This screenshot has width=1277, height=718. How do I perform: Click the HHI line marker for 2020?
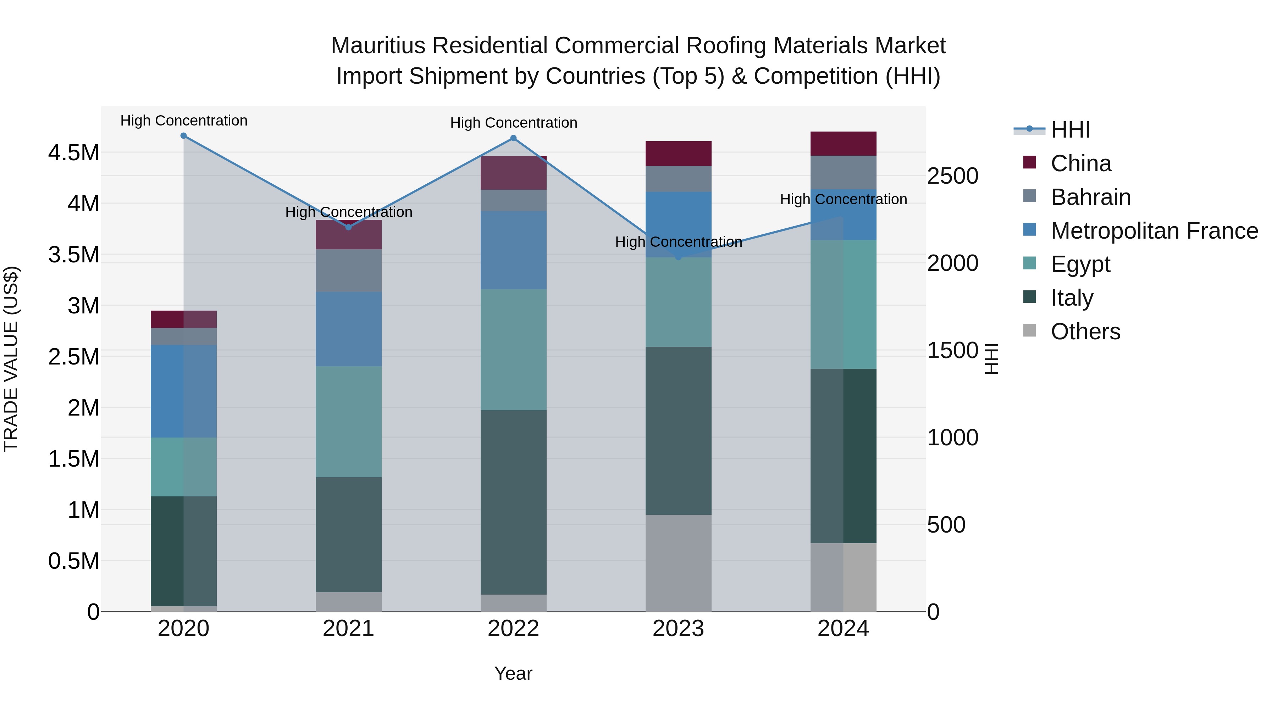tap(183, 136)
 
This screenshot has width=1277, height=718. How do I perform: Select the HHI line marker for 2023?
tap(679, 257)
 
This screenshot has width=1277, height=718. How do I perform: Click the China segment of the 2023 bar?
tap(679, 154)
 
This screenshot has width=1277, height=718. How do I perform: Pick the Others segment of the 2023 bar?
tap(679, 563)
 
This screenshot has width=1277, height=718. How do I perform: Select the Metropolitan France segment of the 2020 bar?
tap(183, 391)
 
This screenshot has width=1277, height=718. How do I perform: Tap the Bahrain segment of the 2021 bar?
tap(348, 271)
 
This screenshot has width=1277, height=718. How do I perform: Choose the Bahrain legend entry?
tap(1091, 197)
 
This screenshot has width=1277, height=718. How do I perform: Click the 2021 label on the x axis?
tap(348, 629)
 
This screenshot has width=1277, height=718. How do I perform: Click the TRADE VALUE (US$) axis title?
tap(11, 359)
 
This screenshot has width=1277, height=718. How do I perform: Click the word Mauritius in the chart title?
tap(378, 46)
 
